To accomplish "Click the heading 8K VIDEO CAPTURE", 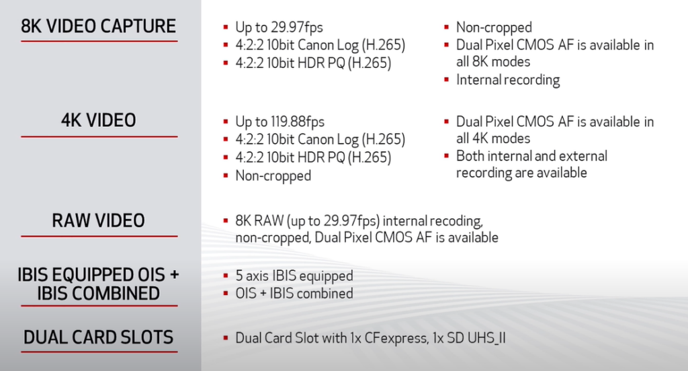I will click(x=99, y=26).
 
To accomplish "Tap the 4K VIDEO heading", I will click(x=99, y=120).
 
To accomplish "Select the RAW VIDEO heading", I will click(x=99, y=220).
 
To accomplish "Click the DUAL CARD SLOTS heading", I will click(x=99, y=337).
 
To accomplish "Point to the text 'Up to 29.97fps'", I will click(x=279, y=28).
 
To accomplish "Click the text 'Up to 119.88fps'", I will click(x=279, y=122).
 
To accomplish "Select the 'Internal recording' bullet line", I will click(x=507, y=80).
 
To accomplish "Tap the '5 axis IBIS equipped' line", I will click(x=294, y=276).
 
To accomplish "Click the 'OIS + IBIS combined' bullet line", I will click(x=294, y=294).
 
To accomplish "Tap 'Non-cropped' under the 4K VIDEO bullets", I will click(x=273, y=176).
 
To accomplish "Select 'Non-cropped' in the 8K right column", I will click(x=494, y=28).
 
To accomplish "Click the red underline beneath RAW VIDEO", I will click(x=99, y=236).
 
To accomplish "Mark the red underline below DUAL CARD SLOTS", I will click(x=99, y=352).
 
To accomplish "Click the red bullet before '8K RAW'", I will click(x=225, y=221).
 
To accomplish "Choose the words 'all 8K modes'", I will click(x=493, y=62).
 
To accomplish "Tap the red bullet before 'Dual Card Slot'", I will click(x=225, y=338).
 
